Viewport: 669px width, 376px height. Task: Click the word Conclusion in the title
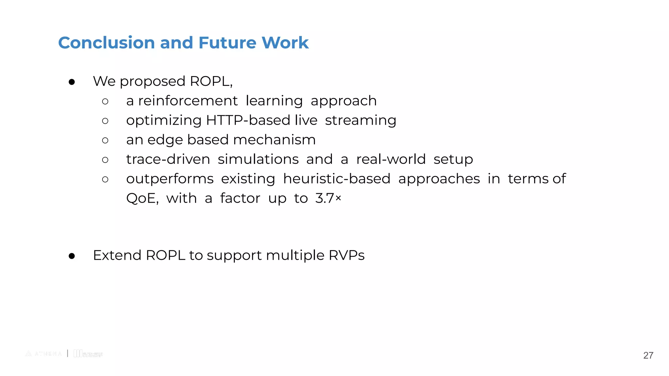[106, 43]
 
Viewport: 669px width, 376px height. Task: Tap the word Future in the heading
[227, 43]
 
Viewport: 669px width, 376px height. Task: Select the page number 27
[648, 355]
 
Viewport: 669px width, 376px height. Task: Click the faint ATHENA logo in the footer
[43, 353]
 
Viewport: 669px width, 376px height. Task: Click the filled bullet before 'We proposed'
[72, 82]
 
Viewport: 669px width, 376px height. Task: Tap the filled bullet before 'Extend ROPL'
[72, 256]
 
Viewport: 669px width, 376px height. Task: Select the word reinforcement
[188, 101]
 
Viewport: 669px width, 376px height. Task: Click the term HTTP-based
[248, 120]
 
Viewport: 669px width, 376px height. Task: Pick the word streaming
[360, 121]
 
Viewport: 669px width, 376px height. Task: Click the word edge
[165, 140]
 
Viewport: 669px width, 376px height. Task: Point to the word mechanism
[274, 140]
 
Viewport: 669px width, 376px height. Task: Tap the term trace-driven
[168, 159]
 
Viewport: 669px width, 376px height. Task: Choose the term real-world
[391, 159]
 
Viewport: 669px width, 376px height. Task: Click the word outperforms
[170, 179]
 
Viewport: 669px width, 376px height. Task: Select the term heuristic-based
[336, 179]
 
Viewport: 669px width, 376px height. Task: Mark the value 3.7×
[328, 198]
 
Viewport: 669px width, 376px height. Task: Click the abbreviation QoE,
[142, 198]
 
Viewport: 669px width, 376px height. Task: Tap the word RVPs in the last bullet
[346, 255]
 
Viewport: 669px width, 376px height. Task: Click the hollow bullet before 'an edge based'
[105, 140]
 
